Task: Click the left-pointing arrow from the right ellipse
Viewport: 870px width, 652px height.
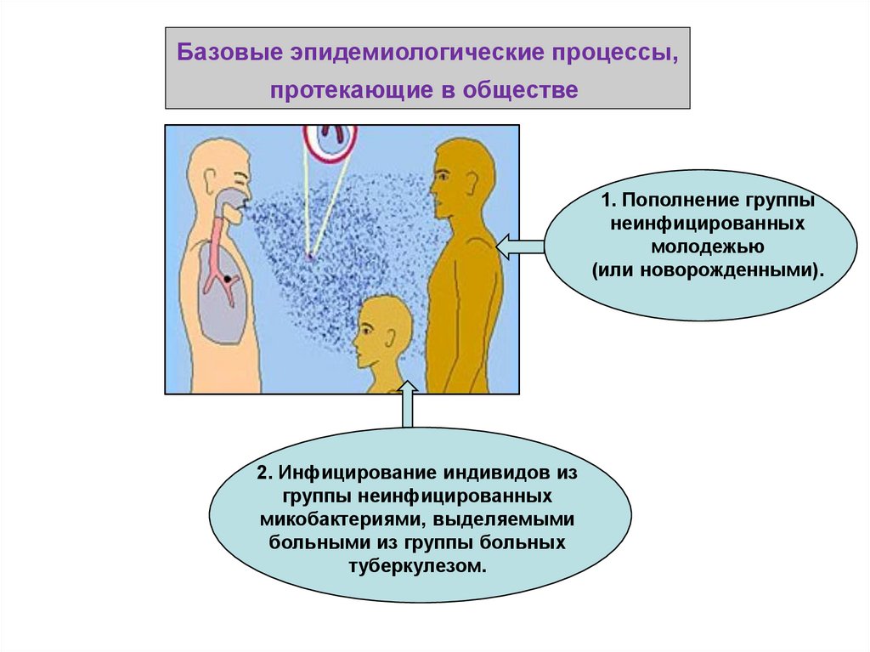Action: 519,247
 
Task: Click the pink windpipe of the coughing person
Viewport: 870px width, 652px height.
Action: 218,247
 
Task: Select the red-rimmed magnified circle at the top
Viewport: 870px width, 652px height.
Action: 330,138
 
